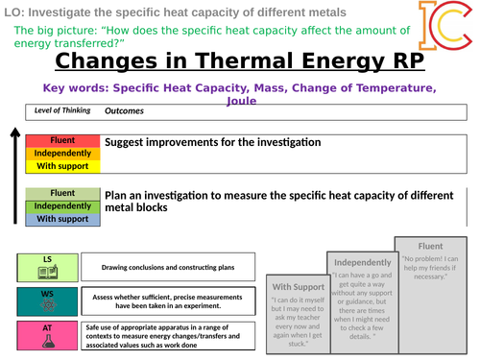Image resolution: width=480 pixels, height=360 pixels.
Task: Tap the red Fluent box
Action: [62, 141]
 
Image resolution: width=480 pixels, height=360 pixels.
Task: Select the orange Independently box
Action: [62, 154]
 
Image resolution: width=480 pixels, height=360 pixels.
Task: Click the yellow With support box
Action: [62, 166]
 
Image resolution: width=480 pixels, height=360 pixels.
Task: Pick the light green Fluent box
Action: [62, 193]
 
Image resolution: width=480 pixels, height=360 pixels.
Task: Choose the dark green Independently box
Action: [62, 205]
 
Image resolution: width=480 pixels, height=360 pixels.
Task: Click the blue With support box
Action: [62, 219]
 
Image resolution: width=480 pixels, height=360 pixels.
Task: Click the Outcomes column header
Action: [125, 111]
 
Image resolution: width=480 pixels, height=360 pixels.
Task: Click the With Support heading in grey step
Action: [297, 286]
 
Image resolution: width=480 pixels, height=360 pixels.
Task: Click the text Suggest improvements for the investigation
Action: [212, 142]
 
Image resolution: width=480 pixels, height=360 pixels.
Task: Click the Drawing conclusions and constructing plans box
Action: [168, 266]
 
